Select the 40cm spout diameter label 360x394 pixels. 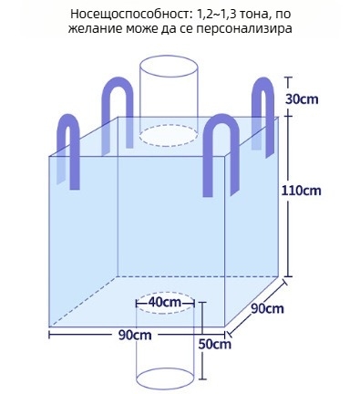click(165, 302)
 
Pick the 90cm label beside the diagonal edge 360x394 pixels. click(267, 309)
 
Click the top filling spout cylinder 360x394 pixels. click(168, 96)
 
